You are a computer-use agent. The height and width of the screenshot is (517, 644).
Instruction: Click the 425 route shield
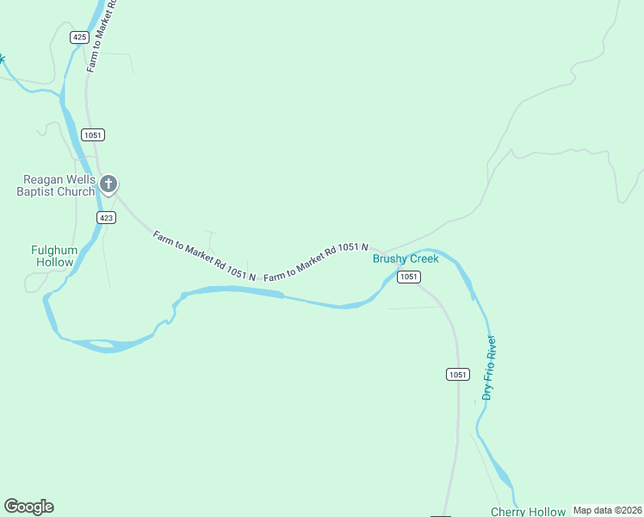80,37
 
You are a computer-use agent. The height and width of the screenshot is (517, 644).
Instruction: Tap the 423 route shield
106,217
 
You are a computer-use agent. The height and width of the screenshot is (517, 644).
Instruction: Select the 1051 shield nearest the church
93,135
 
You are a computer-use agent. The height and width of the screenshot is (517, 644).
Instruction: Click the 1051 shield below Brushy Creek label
409,277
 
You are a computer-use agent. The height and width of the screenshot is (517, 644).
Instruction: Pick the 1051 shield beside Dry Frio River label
457,374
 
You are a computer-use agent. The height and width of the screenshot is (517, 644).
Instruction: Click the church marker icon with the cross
108,184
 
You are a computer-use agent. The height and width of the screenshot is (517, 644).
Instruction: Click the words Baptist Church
55,191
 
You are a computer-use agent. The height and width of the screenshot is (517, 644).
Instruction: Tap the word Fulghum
54,250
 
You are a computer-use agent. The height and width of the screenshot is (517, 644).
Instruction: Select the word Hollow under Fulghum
54,262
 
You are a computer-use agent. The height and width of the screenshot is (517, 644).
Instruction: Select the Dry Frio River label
489,368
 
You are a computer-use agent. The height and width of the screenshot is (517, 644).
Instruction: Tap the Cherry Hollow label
529,512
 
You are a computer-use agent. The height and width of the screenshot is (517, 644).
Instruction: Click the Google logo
28,507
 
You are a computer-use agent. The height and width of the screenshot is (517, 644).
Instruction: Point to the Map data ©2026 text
607,510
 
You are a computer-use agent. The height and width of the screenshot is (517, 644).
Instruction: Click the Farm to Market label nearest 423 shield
204,255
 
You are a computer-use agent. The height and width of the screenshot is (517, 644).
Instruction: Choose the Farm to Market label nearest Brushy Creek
316,262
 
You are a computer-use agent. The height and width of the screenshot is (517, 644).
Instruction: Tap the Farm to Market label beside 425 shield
101,39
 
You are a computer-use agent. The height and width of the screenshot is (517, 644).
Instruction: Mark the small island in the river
102,345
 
